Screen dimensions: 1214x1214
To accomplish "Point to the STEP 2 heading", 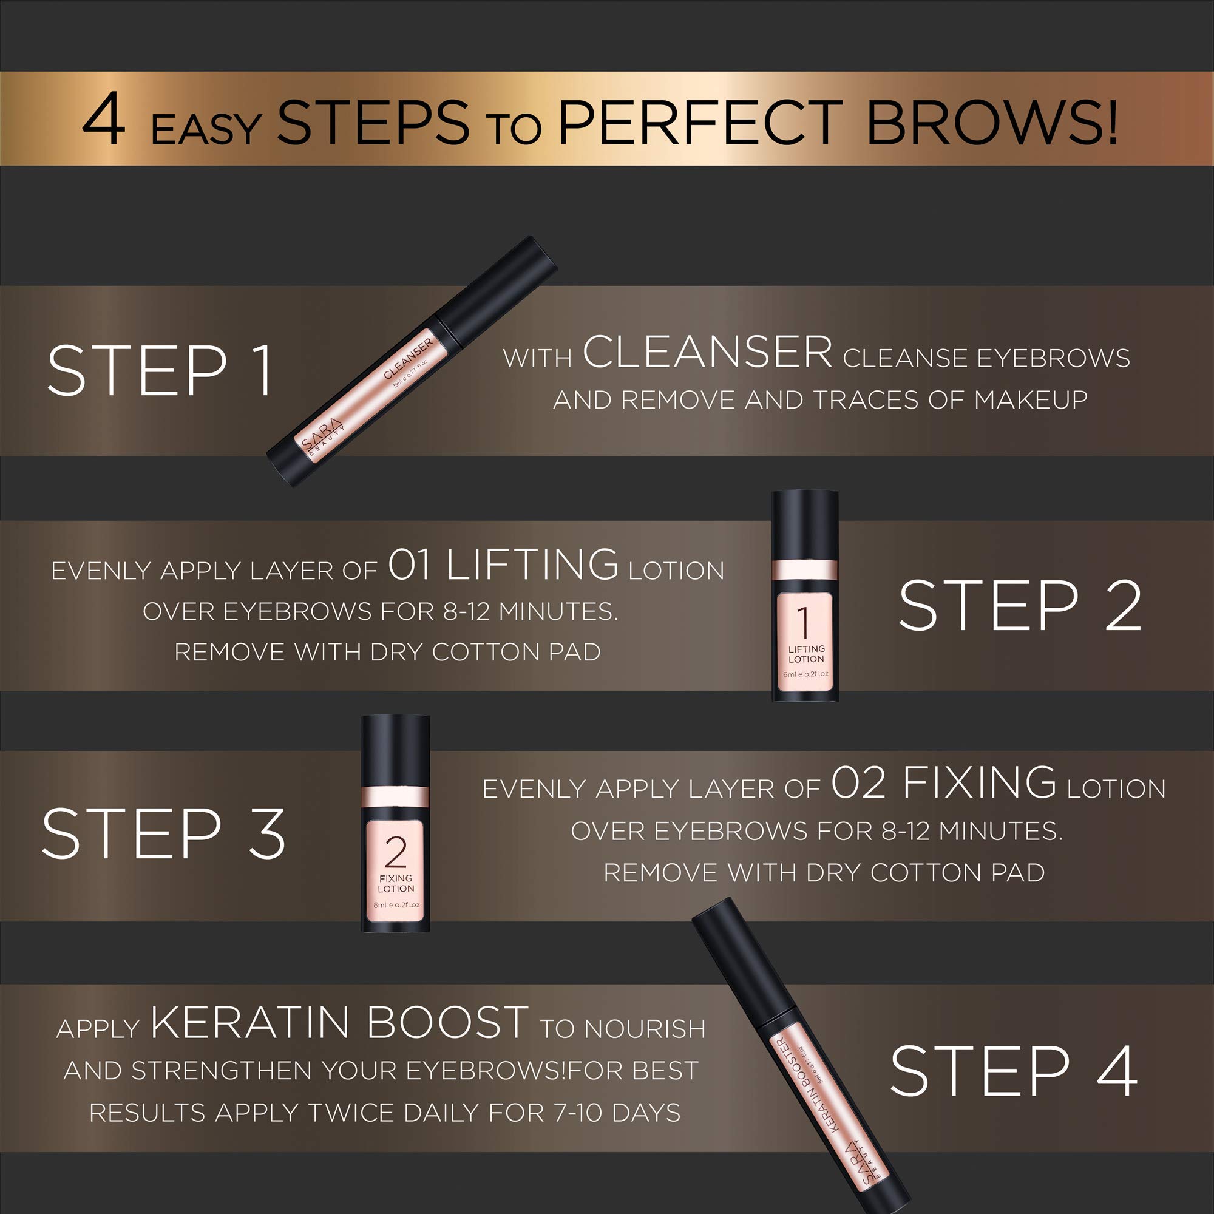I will tap(1019, 606).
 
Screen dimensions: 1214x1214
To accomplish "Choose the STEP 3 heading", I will tap(163, 834).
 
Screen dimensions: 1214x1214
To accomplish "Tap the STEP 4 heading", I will tap(1013, 1072).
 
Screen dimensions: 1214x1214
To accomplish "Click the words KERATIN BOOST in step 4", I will tap(339, 1023).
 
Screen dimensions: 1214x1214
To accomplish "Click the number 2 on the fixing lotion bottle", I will tap(396, 853).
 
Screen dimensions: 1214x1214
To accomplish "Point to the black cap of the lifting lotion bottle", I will tap(805, 525).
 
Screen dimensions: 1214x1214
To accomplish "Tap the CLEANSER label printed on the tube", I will tap(409, 358).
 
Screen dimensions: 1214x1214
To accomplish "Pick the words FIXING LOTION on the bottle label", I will tap(396, 883).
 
